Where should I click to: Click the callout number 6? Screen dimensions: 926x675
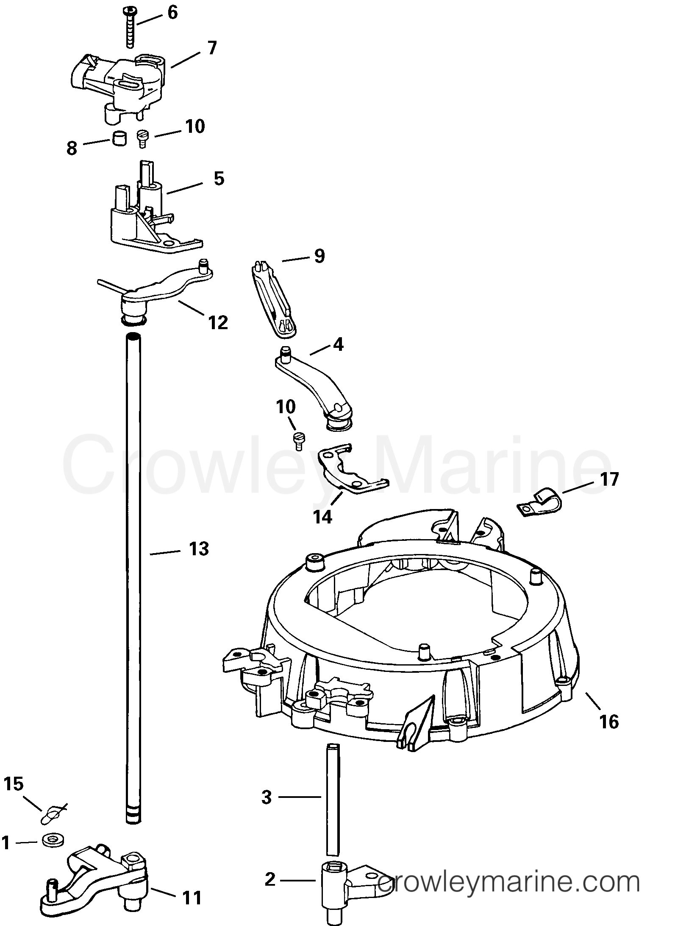point(172,13)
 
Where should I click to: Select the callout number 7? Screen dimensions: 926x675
point(212,48)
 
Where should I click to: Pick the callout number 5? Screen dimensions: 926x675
point(219,179)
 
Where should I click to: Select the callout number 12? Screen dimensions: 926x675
point(218,322)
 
